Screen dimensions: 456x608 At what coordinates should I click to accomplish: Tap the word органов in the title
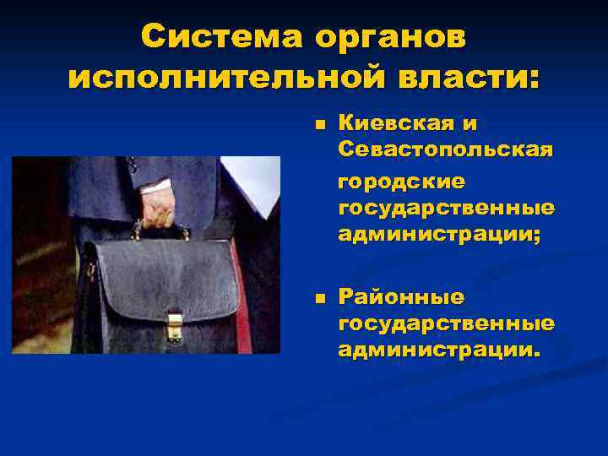(x=391, y=37)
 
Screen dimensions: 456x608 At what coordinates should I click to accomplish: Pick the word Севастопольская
(x=446, y=150)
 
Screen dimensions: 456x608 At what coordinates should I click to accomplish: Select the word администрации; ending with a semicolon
(x=439, y=235)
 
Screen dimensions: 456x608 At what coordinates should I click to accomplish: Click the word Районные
(x=401, y=297)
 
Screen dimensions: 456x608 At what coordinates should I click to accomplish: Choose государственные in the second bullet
(x=446, y=323)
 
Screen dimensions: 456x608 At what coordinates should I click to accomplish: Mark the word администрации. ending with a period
(x=437, y=350)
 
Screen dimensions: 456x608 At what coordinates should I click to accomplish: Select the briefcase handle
(x=160, y=231)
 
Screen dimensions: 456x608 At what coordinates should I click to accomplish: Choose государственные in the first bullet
(x=446, y=209)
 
